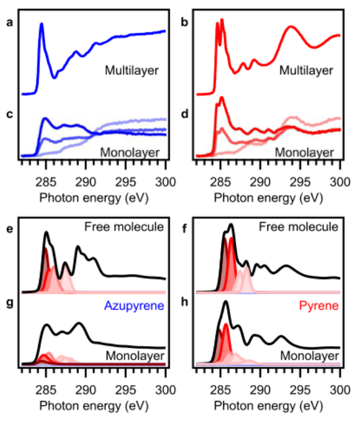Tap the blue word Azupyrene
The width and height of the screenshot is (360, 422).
coord(134,306)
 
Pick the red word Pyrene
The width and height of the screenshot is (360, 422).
coord(321,306)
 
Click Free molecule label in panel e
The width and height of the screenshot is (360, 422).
coord(124,227)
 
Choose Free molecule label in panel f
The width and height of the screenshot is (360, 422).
coord(299,227)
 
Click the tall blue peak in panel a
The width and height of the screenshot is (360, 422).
coord(41,26)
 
